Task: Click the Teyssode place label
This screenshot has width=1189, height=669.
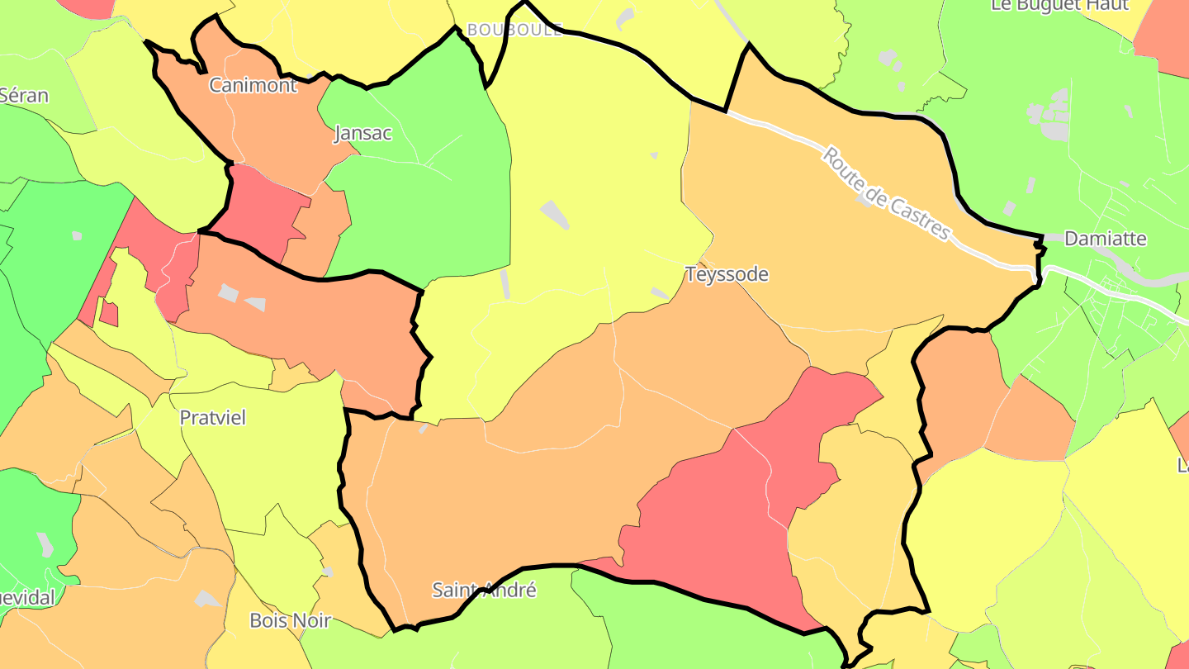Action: (x=727, y=274)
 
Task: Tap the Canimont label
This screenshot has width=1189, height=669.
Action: (x=253, y=85)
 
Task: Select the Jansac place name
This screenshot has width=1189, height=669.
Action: (x=362, y=133)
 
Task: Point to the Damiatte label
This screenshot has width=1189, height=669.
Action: (x=1106, y=239)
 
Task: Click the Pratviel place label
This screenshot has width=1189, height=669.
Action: (x=213, y=418)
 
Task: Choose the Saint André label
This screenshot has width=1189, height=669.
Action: (x=485, y=591)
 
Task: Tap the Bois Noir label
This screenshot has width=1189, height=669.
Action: (x=290, y=620)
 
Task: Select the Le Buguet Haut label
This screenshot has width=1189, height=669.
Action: (x=1059, y=6)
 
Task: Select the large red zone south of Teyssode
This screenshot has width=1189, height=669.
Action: (x=718, y=512)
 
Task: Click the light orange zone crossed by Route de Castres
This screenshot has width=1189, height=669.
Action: (x=826, y=240)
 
